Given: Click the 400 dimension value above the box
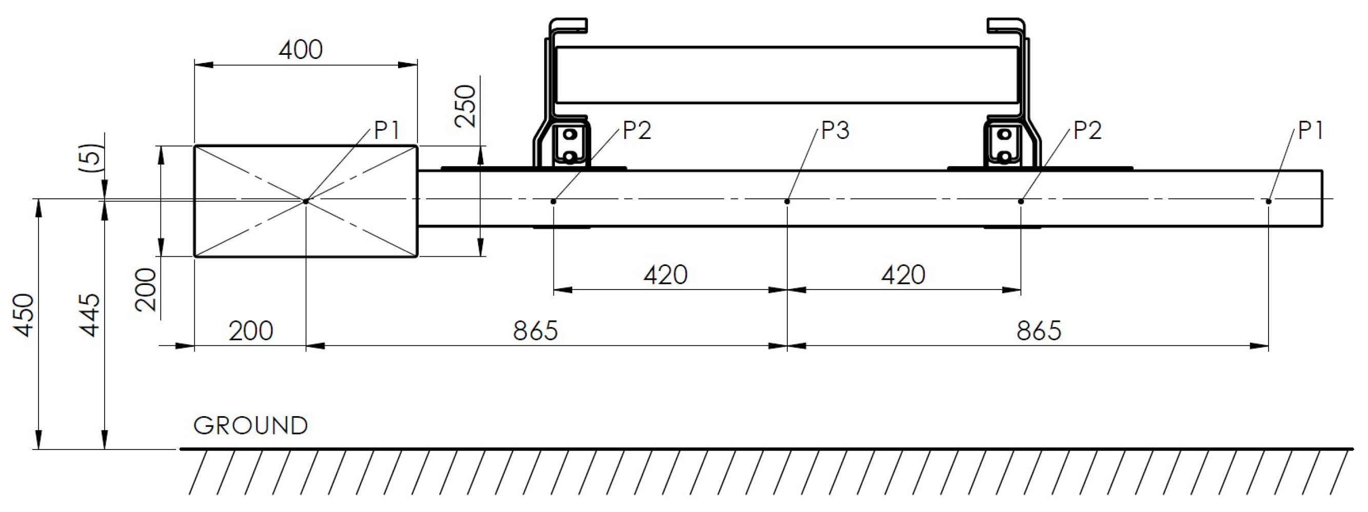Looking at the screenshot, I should point(301,50).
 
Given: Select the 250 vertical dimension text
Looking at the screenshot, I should point(466,106).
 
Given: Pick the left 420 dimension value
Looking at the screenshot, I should point(665,275).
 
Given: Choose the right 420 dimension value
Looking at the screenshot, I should point(903,275).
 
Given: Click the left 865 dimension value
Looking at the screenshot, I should point(535,331).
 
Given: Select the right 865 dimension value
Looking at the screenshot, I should point(1038,331).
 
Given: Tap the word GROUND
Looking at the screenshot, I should point(251,425).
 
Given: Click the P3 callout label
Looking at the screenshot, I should point(835,131).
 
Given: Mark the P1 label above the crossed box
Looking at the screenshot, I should point(387,131).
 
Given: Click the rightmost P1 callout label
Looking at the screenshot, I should point(1310,131).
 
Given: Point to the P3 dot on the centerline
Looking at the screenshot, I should point(787,201).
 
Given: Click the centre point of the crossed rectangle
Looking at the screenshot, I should point(306,201).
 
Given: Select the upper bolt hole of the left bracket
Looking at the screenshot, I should point(570,134).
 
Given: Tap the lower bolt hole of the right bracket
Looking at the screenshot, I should point(1004,156).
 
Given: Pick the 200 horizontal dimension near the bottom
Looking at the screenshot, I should point(251,331).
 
